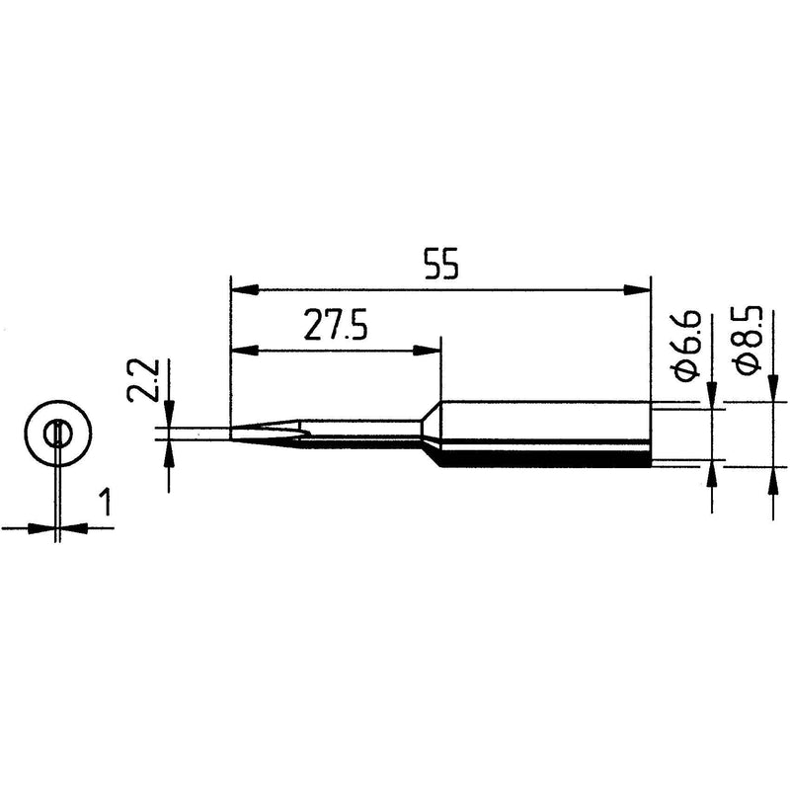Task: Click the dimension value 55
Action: click(x=441, y=264)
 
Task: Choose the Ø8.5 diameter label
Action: click(x=748, y=340)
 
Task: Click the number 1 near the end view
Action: click(x=106, y=503)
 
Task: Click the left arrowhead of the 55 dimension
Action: click(x=244, y=289)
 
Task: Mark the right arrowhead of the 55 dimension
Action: click(x=637, y=289)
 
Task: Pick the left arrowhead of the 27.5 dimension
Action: click(x=244, y=351)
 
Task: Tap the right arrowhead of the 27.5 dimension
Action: click(x=427, y=351)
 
